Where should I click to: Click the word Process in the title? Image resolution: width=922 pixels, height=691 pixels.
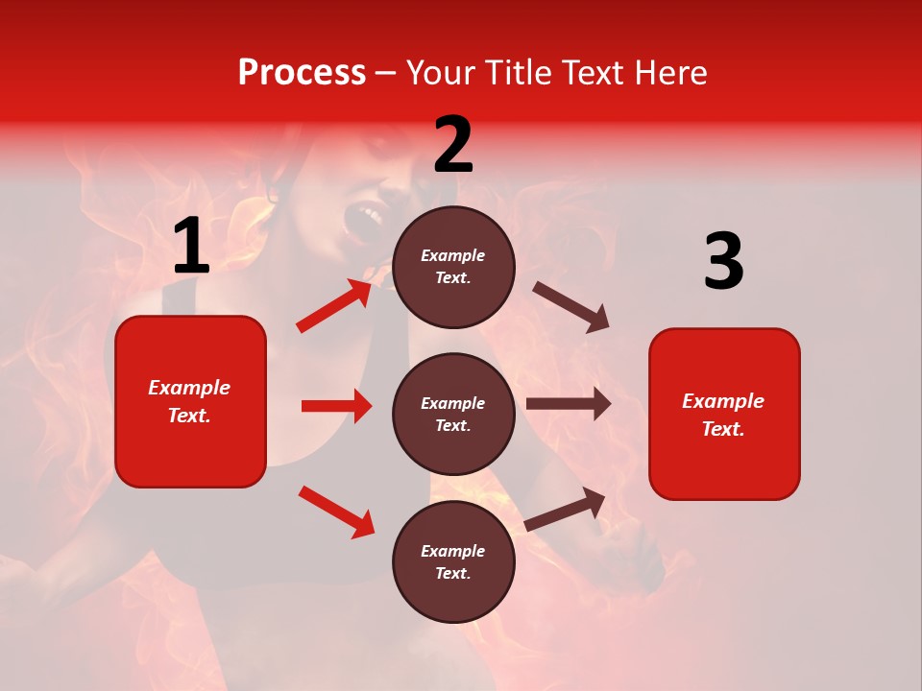[x=302, y=73]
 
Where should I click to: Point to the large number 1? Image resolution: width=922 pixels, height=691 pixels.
[x=191, y=247]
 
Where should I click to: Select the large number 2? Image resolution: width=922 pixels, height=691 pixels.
[x=453, y=145]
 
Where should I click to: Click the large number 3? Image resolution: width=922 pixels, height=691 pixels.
[x=723, y=261]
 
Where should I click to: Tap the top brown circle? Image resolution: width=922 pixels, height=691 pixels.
[x=453, y=267]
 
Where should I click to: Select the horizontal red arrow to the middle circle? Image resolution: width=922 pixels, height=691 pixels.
[x=336, y=406]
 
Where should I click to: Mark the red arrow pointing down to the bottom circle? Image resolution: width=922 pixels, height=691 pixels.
[x=337, y=512]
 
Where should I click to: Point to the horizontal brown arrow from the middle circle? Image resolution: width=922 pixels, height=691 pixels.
[x=569, y=404]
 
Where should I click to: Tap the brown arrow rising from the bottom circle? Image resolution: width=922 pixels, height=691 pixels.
[x=566, y=509]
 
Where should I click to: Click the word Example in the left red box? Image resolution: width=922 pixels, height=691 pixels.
[x=189, y=388]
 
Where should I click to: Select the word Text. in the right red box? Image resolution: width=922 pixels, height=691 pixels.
[x=723, y=429]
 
